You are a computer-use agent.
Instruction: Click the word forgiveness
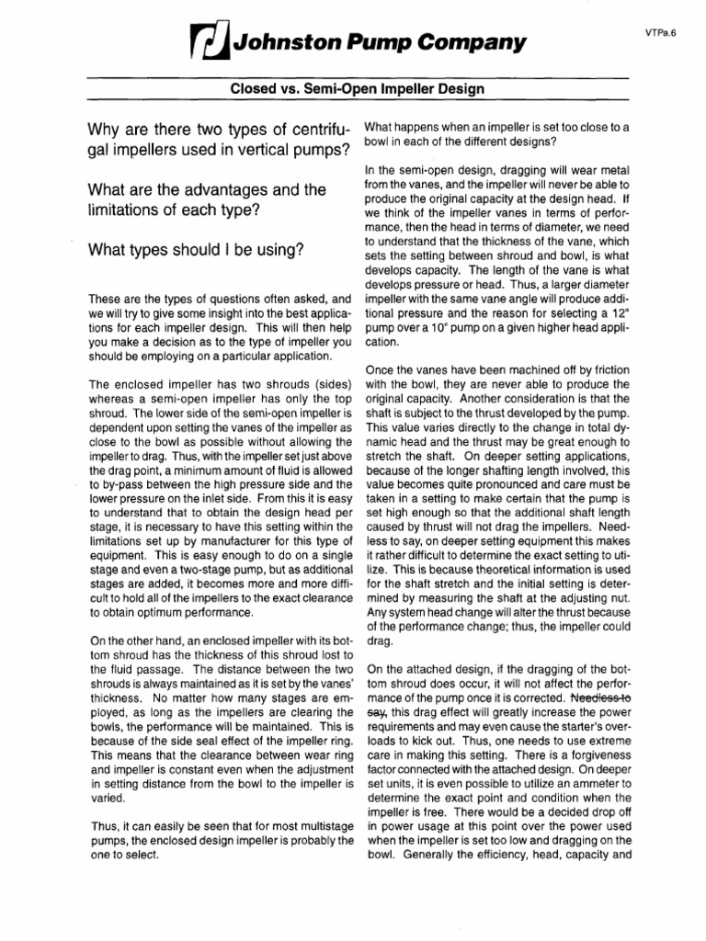click(x=590, y=754)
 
